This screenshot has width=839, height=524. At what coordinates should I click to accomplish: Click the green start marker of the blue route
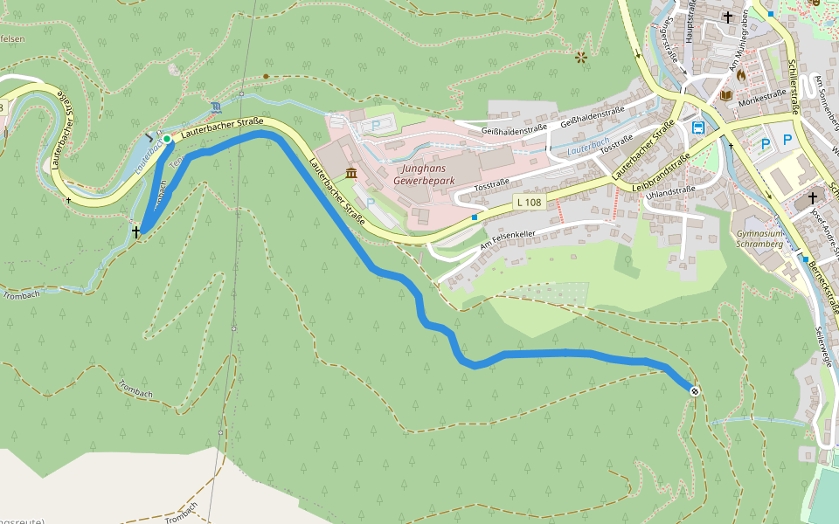tap(167, 139)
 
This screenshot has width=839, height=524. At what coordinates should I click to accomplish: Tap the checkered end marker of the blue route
tap(694, 390)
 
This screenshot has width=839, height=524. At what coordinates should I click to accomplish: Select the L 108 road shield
tap(528, 203)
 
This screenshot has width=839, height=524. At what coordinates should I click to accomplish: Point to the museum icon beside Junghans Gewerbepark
tap(350, 173)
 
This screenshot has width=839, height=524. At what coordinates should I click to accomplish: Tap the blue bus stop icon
tap(698, 128)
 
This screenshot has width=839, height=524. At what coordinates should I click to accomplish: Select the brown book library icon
tap(725, 94)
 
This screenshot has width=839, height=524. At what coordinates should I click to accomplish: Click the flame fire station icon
tap(741, 76)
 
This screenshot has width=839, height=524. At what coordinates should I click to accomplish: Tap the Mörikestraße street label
tap(762, 96)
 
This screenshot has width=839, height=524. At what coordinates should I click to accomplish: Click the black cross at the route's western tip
tap(135, 231)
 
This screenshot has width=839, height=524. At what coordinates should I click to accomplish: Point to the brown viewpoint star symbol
tap(581, 58)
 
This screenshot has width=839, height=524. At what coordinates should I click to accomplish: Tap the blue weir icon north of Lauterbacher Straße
tap(216, 107)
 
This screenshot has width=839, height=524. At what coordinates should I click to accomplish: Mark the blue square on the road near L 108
tap(475, 216)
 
